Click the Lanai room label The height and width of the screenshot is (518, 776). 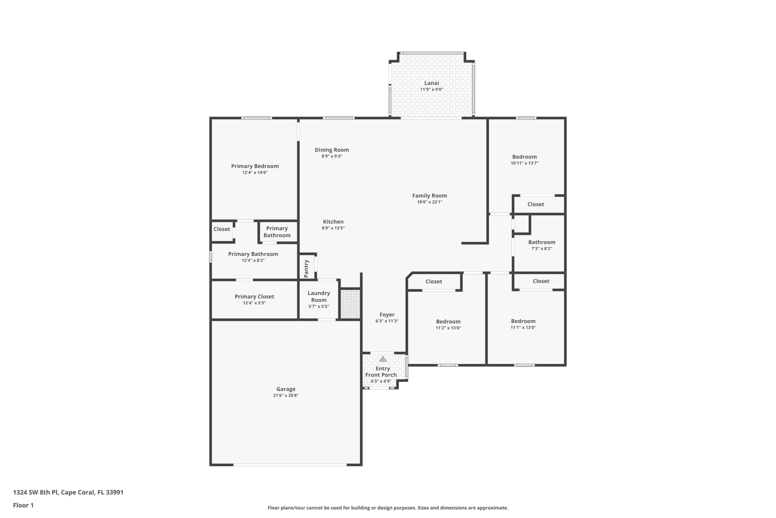click(432, 83)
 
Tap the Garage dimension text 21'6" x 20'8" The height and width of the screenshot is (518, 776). click(286, 395)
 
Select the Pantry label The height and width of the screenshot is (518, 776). click(306, 269)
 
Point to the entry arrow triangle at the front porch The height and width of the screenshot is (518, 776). click(383, 359)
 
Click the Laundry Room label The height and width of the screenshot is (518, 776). click(319, 296)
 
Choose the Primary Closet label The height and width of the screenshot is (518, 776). click(254, 296)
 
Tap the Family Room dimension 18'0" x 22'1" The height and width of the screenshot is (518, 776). click(430, 202)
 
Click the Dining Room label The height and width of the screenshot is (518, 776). click(332, 150)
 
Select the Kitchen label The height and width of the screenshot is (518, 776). click(333, 222)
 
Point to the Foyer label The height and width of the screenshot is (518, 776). click(387, 314)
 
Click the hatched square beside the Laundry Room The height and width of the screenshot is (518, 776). click(350, 304)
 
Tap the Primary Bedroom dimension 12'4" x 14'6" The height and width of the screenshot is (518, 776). click(255, 172)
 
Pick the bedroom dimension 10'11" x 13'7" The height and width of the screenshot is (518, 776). click(524, 163)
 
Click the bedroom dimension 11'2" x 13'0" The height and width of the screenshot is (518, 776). click(448, 328)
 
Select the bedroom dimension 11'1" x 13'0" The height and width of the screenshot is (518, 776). click(523, 327)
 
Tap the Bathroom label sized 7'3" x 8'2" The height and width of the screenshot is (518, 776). click(542, 242)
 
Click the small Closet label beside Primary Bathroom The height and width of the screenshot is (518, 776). click(222, 229)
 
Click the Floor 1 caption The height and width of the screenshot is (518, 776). click(23, 505)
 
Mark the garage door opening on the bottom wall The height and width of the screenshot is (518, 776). click(290, 465)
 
